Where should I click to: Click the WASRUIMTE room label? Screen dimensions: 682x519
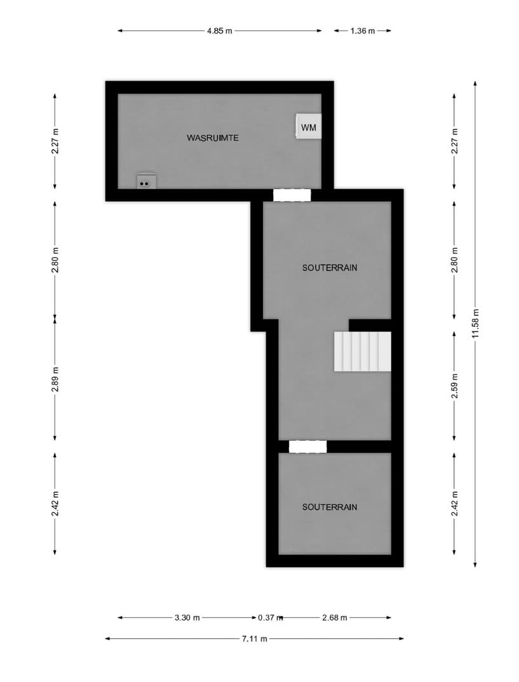point(213,138)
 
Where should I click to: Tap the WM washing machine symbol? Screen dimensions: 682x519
point(307,127)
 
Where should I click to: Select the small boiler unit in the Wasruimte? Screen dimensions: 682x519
point(146,181)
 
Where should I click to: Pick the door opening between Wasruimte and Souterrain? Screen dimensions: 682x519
point(292,195)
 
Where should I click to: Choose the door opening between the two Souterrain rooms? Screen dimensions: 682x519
point(307,446)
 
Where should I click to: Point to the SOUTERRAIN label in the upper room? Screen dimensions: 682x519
point(330,268)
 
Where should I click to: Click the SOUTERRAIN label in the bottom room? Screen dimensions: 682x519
point(330,507)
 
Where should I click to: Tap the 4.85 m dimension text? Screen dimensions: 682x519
point(219,30)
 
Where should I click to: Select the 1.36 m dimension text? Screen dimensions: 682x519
point(362,30)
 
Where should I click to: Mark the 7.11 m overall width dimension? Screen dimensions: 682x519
point(254,639)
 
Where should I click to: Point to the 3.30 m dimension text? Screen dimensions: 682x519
point(187,617)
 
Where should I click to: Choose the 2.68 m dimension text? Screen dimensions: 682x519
point(335,617)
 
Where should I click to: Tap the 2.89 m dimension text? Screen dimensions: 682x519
point(55,379)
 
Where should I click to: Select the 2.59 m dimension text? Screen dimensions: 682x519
point(454,387)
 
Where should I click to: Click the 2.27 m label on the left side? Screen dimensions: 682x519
point(55,141)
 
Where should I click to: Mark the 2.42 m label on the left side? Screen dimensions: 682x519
point(55,503)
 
